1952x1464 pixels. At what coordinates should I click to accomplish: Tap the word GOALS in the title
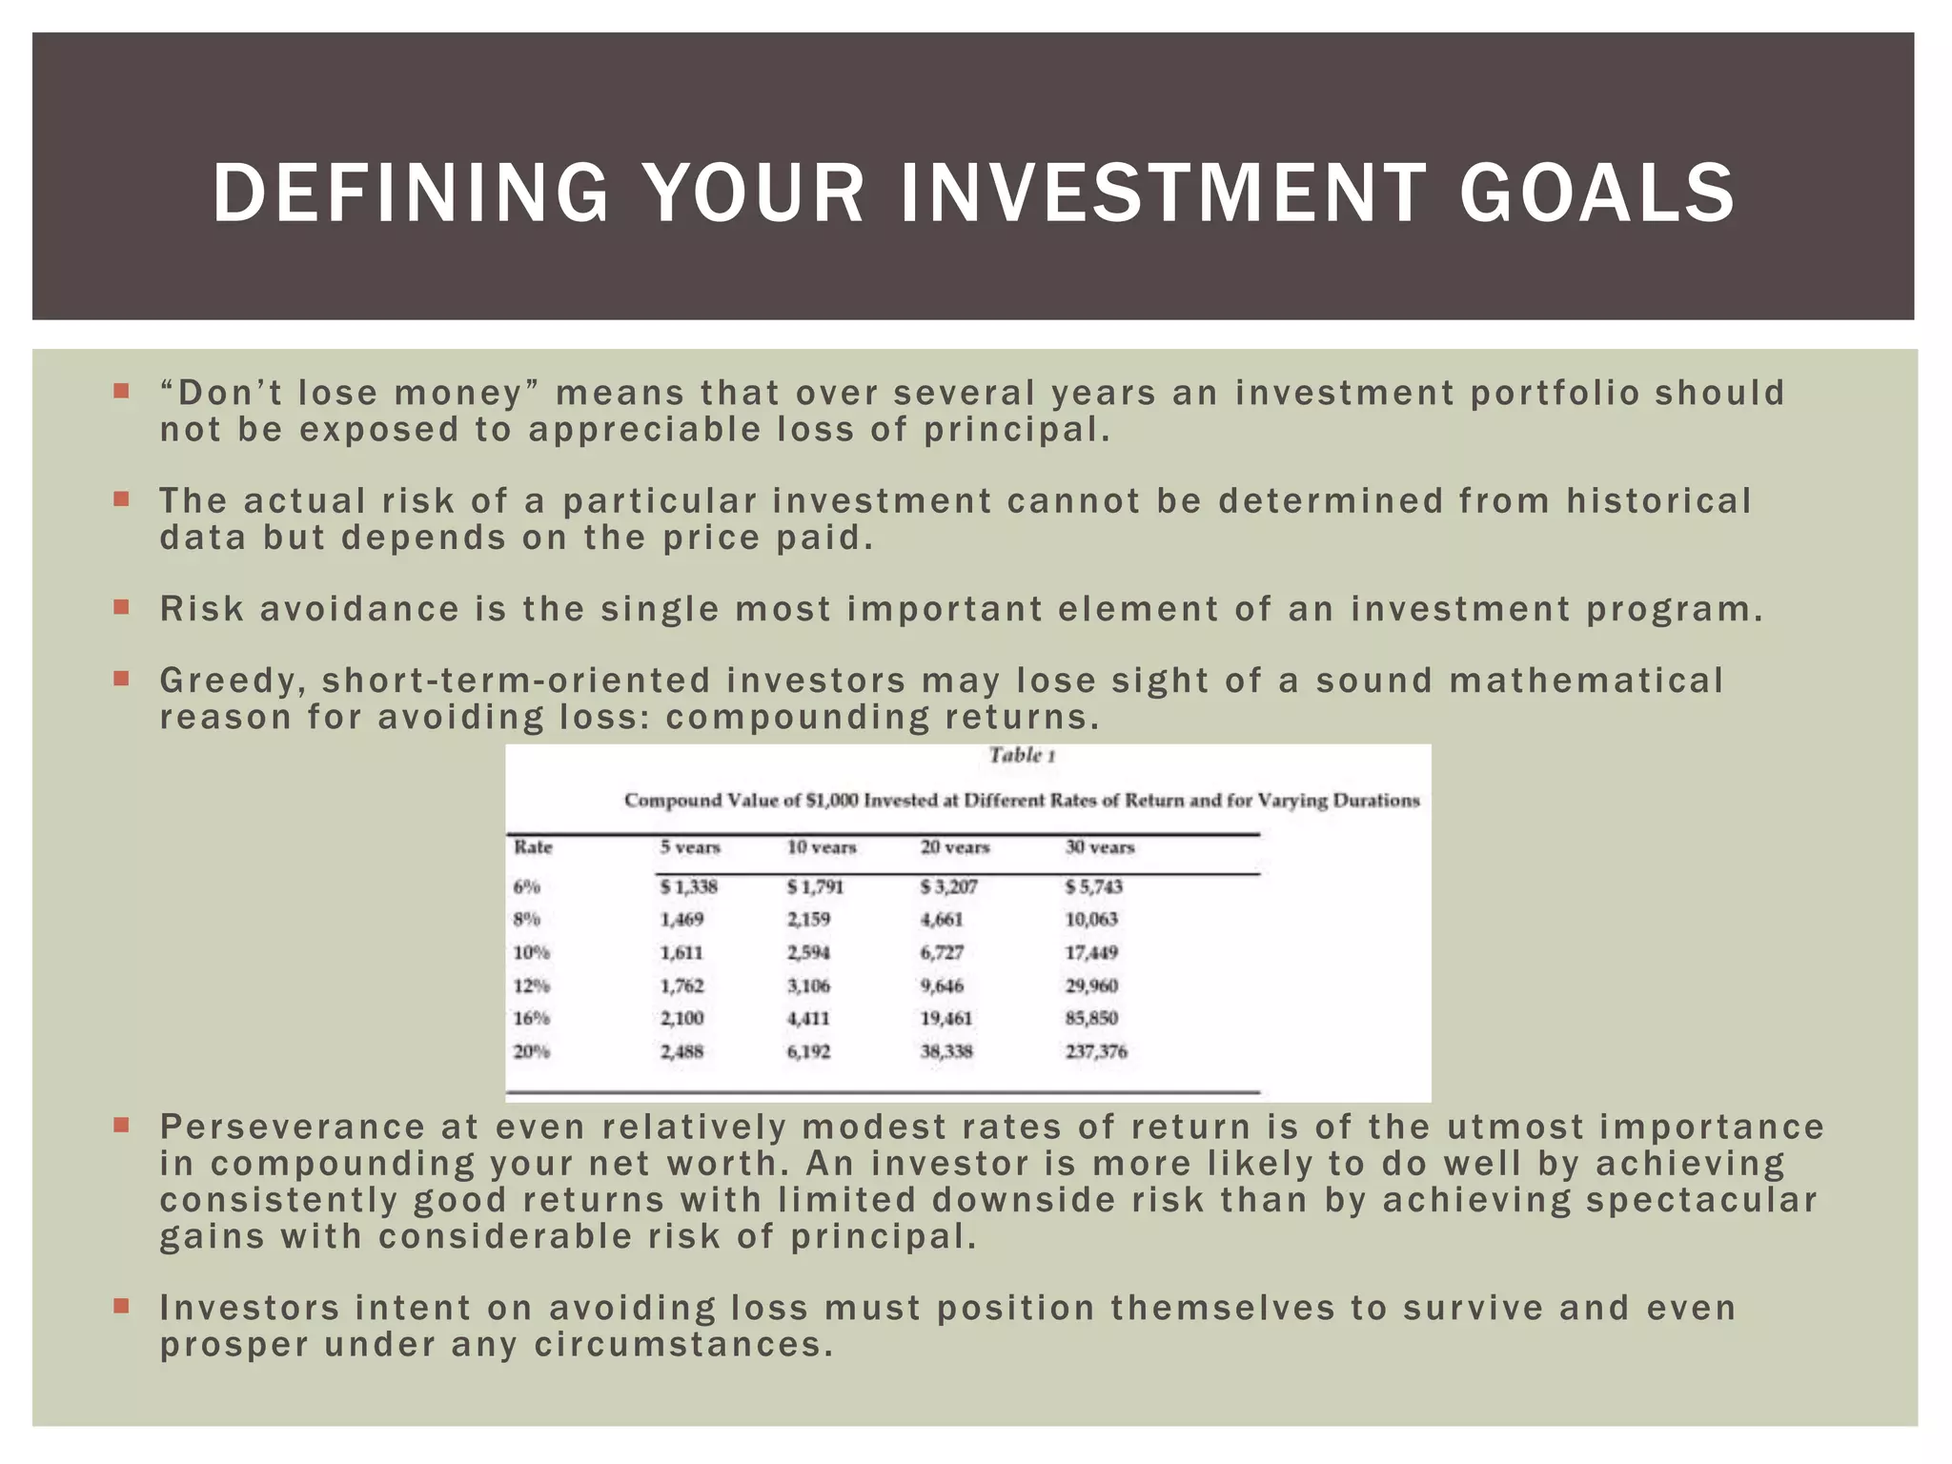[1597, 193]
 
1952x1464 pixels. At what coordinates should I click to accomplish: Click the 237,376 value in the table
[1096, 1051]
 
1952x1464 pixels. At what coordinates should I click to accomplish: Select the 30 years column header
[1100, 847]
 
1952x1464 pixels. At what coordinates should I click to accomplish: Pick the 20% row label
[532, 1051]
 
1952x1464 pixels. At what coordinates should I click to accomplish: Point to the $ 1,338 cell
[688, 886]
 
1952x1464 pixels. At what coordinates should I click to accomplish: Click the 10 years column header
[822, 847]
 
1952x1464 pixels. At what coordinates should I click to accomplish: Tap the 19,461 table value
[946, 1018]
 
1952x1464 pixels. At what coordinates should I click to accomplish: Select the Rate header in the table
[533, 847]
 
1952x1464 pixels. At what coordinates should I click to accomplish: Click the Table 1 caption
[1021, 755]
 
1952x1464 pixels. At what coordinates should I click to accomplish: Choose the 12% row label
[532, 986]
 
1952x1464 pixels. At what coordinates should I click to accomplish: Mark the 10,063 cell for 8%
[1091, 919]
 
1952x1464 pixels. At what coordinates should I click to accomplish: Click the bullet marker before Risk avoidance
[121, 606]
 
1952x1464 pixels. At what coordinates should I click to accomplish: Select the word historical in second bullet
[1659, 500]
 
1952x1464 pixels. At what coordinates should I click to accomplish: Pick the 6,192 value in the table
[808, 1051]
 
